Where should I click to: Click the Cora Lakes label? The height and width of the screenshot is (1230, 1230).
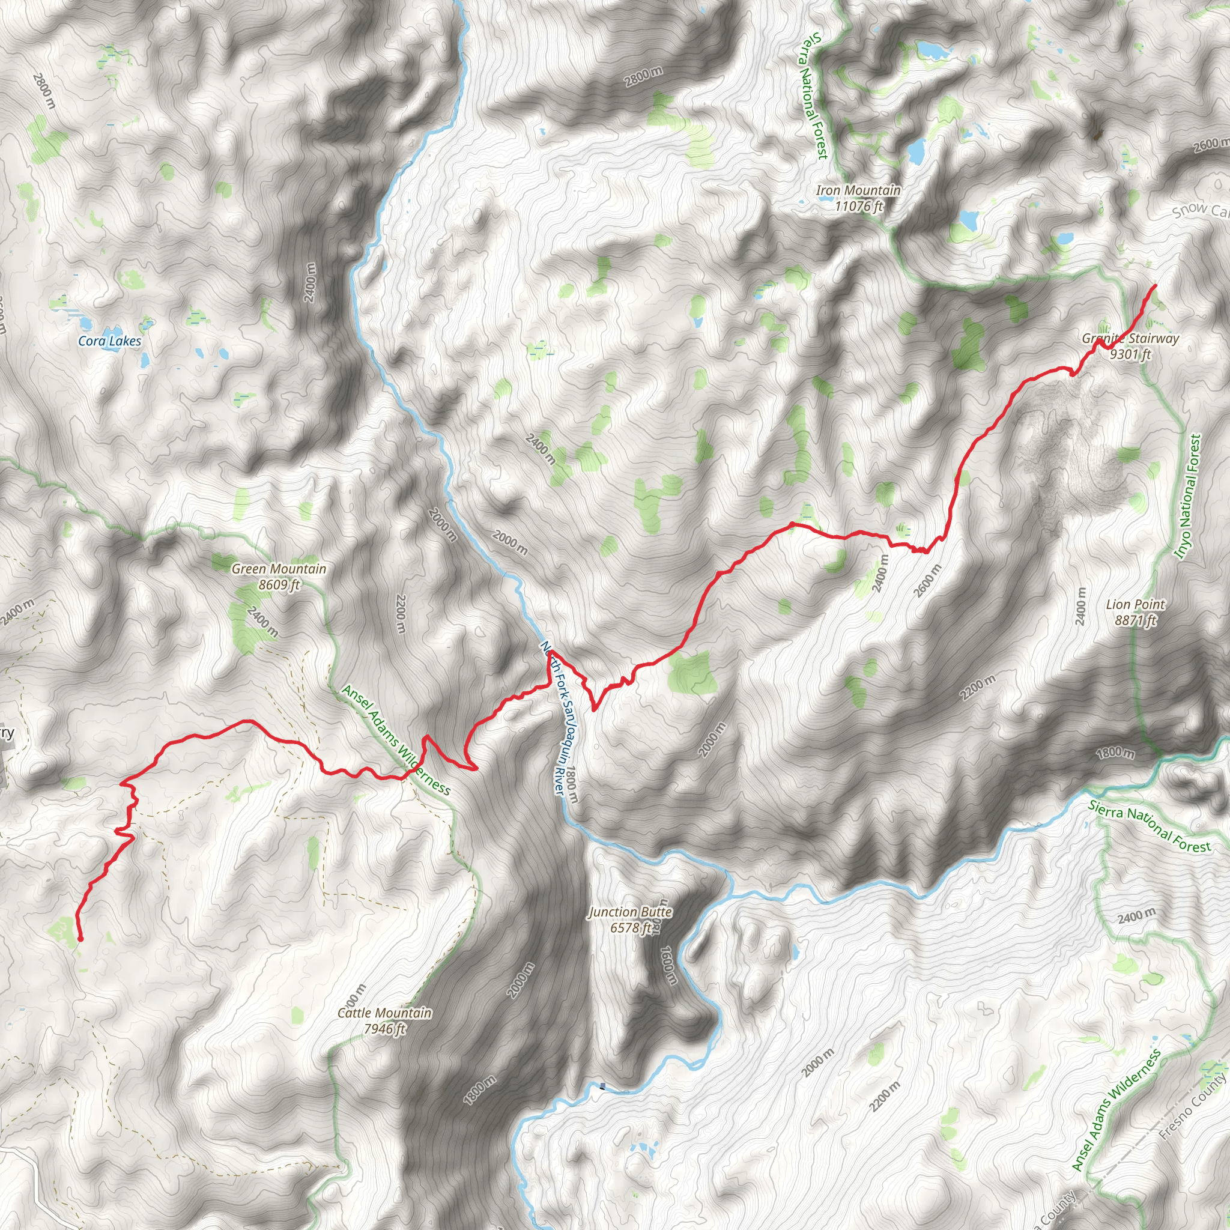(109, 341)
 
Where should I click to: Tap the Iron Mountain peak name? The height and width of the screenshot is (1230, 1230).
(858, 190)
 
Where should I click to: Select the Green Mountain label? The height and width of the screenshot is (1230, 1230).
(279, 569)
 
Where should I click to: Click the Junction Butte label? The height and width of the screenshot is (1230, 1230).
(629, 912)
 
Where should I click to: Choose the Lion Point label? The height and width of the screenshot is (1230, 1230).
(1136, 604)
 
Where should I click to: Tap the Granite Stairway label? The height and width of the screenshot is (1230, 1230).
(1130, 339)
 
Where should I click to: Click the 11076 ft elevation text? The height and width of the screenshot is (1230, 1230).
(859, 206)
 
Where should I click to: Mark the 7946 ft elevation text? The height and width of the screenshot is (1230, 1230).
(384, 1029)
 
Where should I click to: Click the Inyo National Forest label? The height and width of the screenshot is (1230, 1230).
(1188, 497)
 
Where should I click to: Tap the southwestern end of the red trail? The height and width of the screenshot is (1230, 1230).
(80, 939)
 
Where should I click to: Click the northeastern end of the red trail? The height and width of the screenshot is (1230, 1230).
(1155, 286)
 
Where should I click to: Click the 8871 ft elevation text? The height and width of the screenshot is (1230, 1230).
(1136, 620)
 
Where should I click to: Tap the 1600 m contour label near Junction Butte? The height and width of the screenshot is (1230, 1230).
(667, 965)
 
